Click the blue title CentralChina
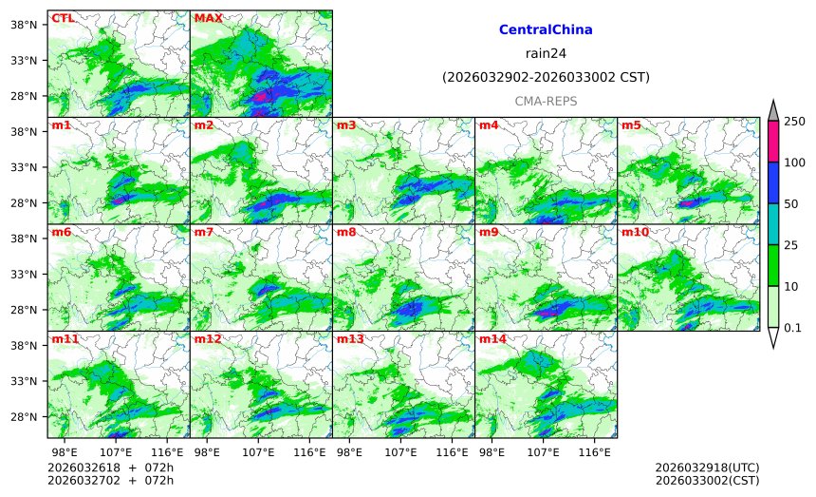click(x=546, y=30)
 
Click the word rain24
click(x=546, y=54)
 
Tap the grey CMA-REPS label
click(x=546, y=101)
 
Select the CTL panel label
click(x=63, y=18)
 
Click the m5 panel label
click(x=631, y=125)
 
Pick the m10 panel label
click(x=635, y=232)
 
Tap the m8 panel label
click(x=346, y=232)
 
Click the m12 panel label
click(x=208, y=339)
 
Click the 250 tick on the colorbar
click(x=794, y=122)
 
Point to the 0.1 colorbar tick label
click(x=793, y=328)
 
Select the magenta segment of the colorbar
click(x=773, y=142)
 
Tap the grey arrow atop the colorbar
click(x=773, y=111)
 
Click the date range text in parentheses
click(x=546, y=78)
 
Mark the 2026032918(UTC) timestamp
click(x=707, y=468)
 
